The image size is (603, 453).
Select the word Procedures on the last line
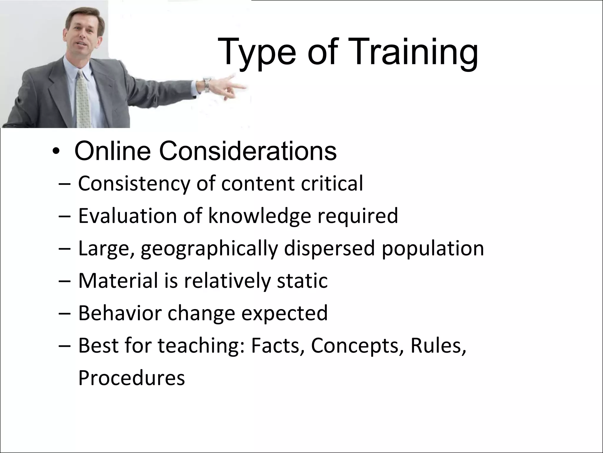pos(131,378)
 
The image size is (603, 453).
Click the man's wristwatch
pos(207,84)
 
